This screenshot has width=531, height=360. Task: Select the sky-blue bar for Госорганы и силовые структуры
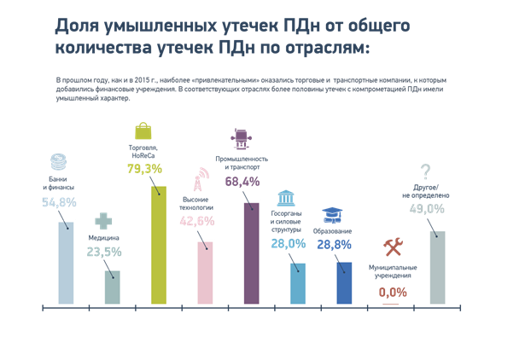297,282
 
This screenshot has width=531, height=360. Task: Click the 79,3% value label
144,169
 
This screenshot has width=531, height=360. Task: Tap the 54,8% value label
60,202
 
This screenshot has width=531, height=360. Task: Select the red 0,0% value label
393,292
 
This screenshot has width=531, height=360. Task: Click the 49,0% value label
427,208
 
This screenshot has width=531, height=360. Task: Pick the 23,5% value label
105,252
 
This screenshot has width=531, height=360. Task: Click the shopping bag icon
144,131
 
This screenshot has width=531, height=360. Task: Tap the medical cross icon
103,221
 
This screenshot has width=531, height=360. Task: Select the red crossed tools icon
392,247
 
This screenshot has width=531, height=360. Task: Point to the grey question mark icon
425,171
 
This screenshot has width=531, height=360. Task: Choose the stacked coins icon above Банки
58,160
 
